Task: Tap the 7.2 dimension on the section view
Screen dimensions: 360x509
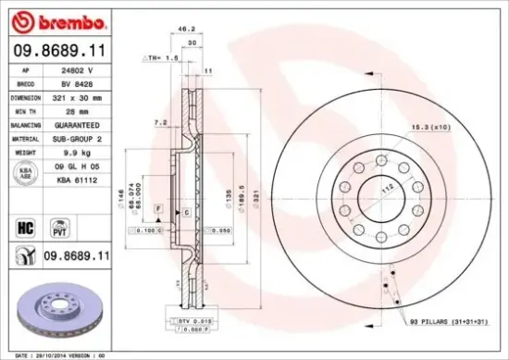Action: point(159,121)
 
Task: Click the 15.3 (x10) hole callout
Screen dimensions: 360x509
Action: point(426,126)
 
